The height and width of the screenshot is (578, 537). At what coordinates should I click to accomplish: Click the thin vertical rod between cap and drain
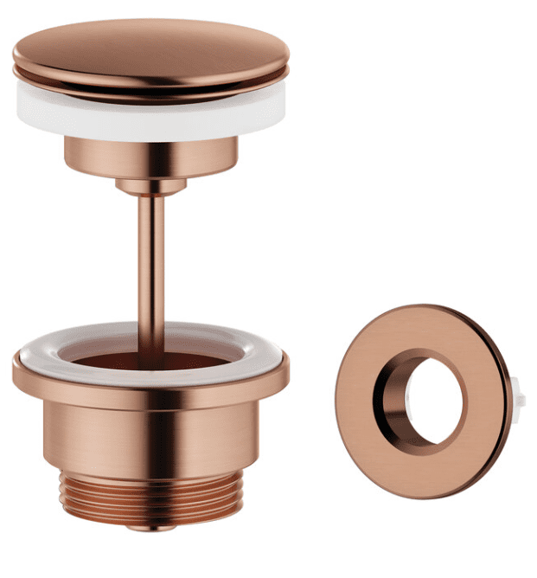point(150,260)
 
